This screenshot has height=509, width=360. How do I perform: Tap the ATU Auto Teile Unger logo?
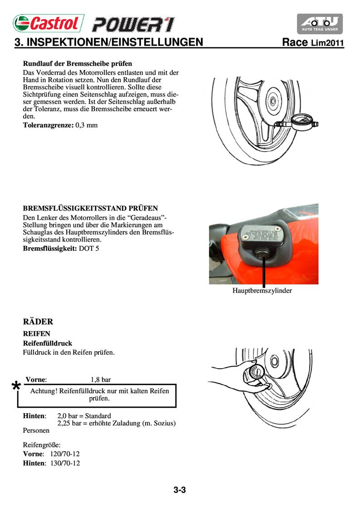point(320,24)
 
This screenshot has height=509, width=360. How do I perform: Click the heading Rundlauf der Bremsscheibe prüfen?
point(78,64)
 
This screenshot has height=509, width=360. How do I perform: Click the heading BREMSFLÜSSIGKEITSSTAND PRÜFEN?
point(90,208)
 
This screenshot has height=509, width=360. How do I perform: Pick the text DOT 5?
point(89,249)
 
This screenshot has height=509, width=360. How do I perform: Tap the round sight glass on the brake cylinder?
point(262,253)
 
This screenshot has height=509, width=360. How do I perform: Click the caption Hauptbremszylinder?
point(262,290)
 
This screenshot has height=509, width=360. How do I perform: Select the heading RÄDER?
point(38,322)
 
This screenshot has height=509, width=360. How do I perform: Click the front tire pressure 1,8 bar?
point(101,380)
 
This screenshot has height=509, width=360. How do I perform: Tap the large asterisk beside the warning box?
point(16,387)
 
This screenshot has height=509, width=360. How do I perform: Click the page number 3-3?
point(180,490)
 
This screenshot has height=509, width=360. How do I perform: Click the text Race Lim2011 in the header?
point(313,43)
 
